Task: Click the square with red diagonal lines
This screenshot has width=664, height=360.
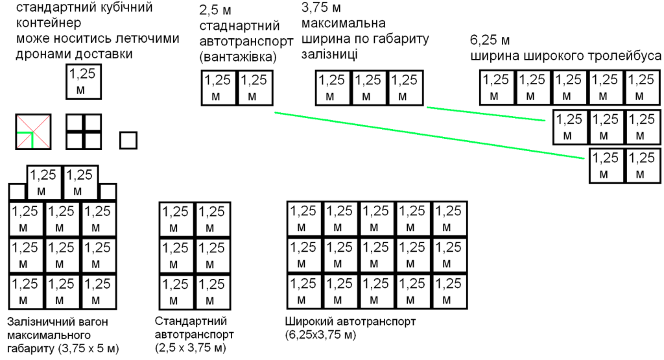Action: click(34, 132)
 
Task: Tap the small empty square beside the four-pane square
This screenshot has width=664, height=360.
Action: click(128, 140)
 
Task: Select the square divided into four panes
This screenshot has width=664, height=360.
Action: click(84, 132)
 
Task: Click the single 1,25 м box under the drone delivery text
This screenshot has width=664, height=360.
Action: click(84, 82)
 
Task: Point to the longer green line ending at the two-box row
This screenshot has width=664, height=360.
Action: click(429, 136)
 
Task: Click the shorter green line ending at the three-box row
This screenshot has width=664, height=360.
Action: click(486, 114)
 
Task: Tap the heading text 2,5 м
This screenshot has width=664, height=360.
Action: click(215, 10)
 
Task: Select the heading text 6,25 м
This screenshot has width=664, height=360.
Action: click(490, 40)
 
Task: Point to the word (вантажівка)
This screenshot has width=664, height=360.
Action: click(238, 56)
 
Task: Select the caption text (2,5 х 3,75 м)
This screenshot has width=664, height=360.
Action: click(191, 348)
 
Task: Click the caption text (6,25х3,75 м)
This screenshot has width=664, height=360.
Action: click(320, 335)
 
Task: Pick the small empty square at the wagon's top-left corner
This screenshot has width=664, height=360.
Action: click(18, 191)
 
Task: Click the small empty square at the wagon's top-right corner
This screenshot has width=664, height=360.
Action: click(108, 191)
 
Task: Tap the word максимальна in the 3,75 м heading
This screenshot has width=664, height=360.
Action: click(344, 23)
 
